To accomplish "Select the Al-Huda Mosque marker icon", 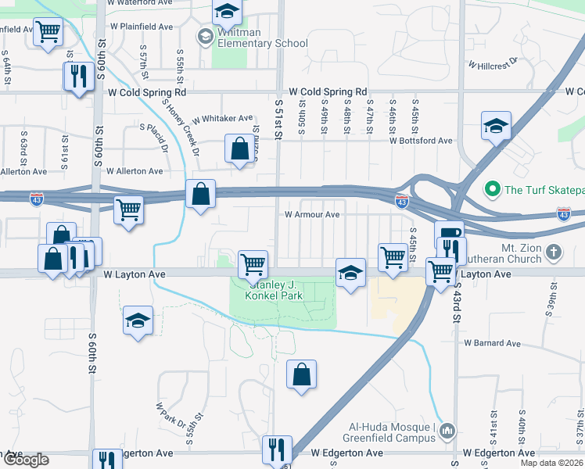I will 447,431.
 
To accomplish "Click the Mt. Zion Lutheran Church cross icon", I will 554,252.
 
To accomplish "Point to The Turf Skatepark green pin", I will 492,188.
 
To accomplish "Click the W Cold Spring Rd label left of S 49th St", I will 328,91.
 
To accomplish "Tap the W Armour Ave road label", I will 311,214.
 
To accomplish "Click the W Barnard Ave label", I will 492,342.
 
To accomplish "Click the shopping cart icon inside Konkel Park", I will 253,264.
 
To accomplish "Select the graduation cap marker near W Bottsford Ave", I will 496,127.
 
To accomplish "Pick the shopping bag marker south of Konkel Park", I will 301,374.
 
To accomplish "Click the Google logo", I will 25,460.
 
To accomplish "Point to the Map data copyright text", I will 551,463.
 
